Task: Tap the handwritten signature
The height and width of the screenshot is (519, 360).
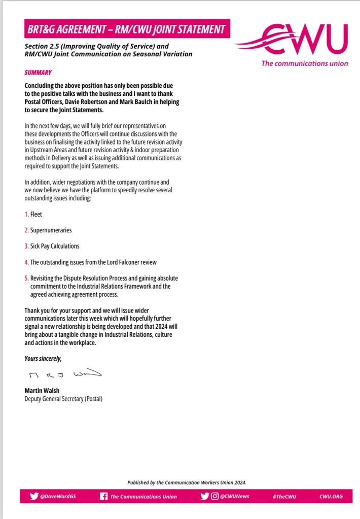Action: coord(63,375)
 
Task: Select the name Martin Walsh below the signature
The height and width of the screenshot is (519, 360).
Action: coord(42,391)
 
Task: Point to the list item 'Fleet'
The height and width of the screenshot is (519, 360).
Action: coord(37,214)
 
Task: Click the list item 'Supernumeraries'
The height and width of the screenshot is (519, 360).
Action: coord(51,230)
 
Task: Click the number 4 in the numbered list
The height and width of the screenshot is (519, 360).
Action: coord(26,262)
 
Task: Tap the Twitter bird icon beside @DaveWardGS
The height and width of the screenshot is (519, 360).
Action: coord(34,496)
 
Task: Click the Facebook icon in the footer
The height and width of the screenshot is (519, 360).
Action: coord(103,496)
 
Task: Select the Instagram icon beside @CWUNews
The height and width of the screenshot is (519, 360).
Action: coord(215,496)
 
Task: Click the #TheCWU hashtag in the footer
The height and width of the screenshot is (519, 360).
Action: coord(284,497)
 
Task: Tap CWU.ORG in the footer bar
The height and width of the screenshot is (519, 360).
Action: coord(331,497)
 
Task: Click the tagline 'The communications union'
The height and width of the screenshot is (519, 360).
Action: coord(305,63)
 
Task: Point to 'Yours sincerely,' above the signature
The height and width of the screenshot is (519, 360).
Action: coord(43,359)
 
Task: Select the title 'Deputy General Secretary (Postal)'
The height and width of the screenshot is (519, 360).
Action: coord(63,399)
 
